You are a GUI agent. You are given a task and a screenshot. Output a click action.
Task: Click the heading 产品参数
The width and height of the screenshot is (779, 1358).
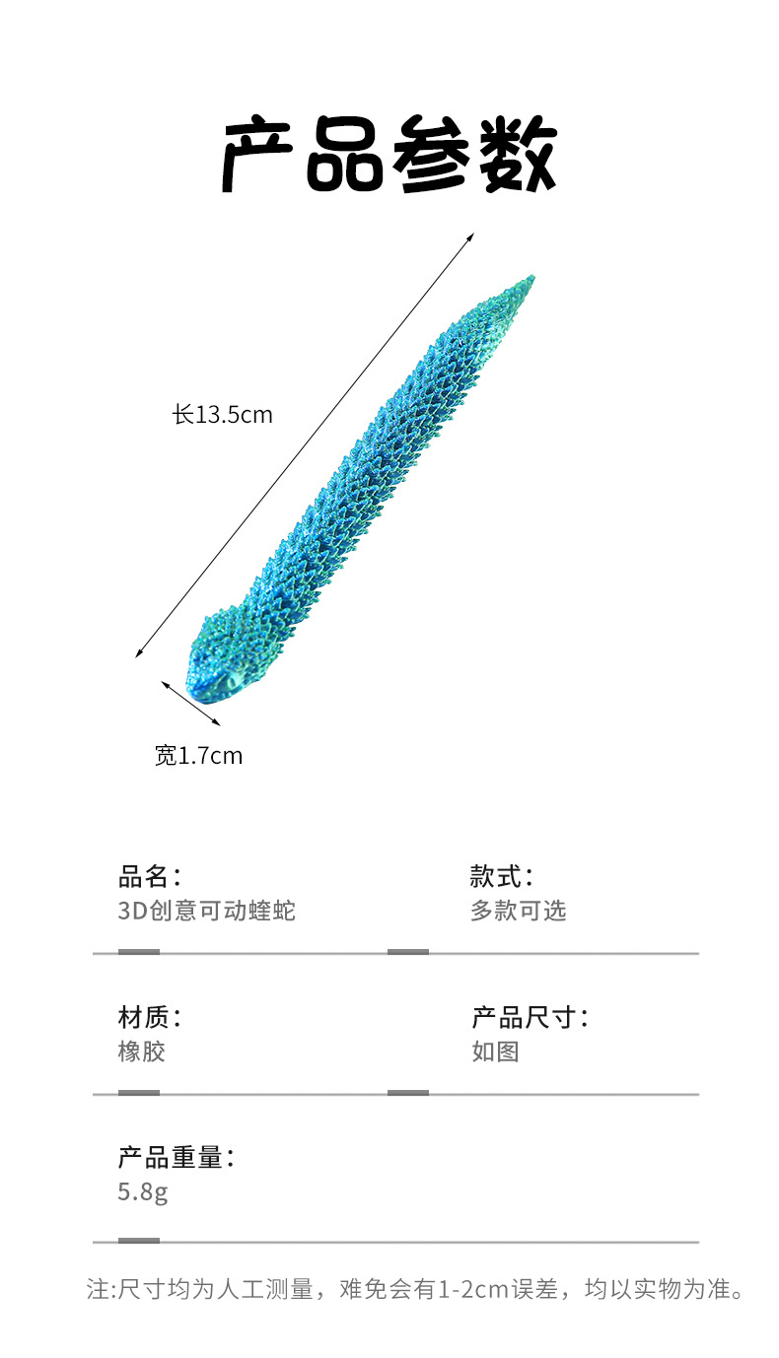(389, 156)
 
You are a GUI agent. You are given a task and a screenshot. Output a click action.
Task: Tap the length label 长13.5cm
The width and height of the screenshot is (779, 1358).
(223, 415)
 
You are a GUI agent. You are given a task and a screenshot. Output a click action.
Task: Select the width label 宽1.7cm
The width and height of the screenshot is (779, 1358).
(198, 756)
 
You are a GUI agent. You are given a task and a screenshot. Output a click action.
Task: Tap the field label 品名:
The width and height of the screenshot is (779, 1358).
(150, 876)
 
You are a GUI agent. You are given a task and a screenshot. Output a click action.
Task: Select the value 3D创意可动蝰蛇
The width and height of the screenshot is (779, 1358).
(207, 911)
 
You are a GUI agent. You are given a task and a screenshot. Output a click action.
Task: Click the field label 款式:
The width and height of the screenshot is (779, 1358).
(502, 876)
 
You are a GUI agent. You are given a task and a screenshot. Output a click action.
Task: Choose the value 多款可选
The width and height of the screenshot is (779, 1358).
(519, 911)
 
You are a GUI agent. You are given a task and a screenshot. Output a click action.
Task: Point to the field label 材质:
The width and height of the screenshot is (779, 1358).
(150, 1017)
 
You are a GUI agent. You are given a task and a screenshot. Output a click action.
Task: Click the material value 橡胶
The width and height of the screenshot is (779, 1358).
(142, 1052)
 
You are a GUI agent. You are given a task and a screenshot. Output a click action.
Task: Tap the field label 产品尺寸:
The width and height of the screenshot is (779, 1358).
(530, 1017)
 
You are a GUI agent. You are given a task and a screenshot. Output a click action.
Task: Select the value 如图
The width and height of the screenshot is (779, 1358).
(495, 1052)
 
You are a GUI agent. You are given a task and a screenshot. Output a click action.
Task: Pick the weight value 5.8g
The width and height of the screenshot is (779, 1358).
(143, 1192)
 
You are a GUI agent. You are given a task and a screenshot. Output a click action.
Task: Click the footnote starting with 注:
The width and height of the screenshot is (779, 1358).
(414, 1289)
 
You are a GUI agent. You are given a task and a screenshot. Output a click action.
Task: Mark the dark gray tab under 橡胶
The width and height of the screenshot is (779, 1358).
(139, 1093)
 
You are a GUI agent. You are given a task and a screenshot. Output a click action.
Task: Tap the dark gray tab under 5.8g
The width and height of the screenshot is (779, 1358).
(139, 1241)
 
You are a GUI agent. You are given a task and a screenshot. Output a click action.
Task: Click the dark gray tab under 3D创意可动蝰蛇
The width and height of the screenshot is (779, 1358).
(139, 952)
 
